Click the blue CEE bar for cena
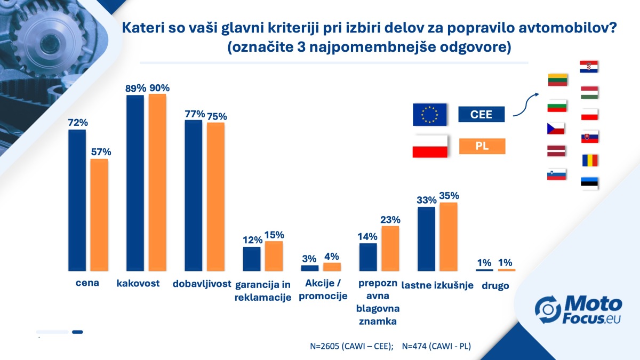pos(77,200)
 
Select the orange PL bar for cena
pos(99,215)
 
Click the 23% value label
pos(390,219)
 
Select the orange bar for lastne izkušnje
pos(449,236)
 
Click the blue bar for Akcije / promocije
pos(309,268)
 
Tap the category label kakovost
pos(138,283)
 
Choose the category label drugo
pos(495,286)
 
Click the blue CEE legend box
pos(482,114)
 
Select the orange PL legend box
pos(482,146)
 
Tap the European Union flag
pos(430,114)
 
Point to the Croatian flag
pos(589,67)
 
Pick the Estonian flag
pos(589,183)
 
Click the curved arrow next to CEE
pos(525,105)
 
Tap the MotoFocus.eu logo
pos(579,311)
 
